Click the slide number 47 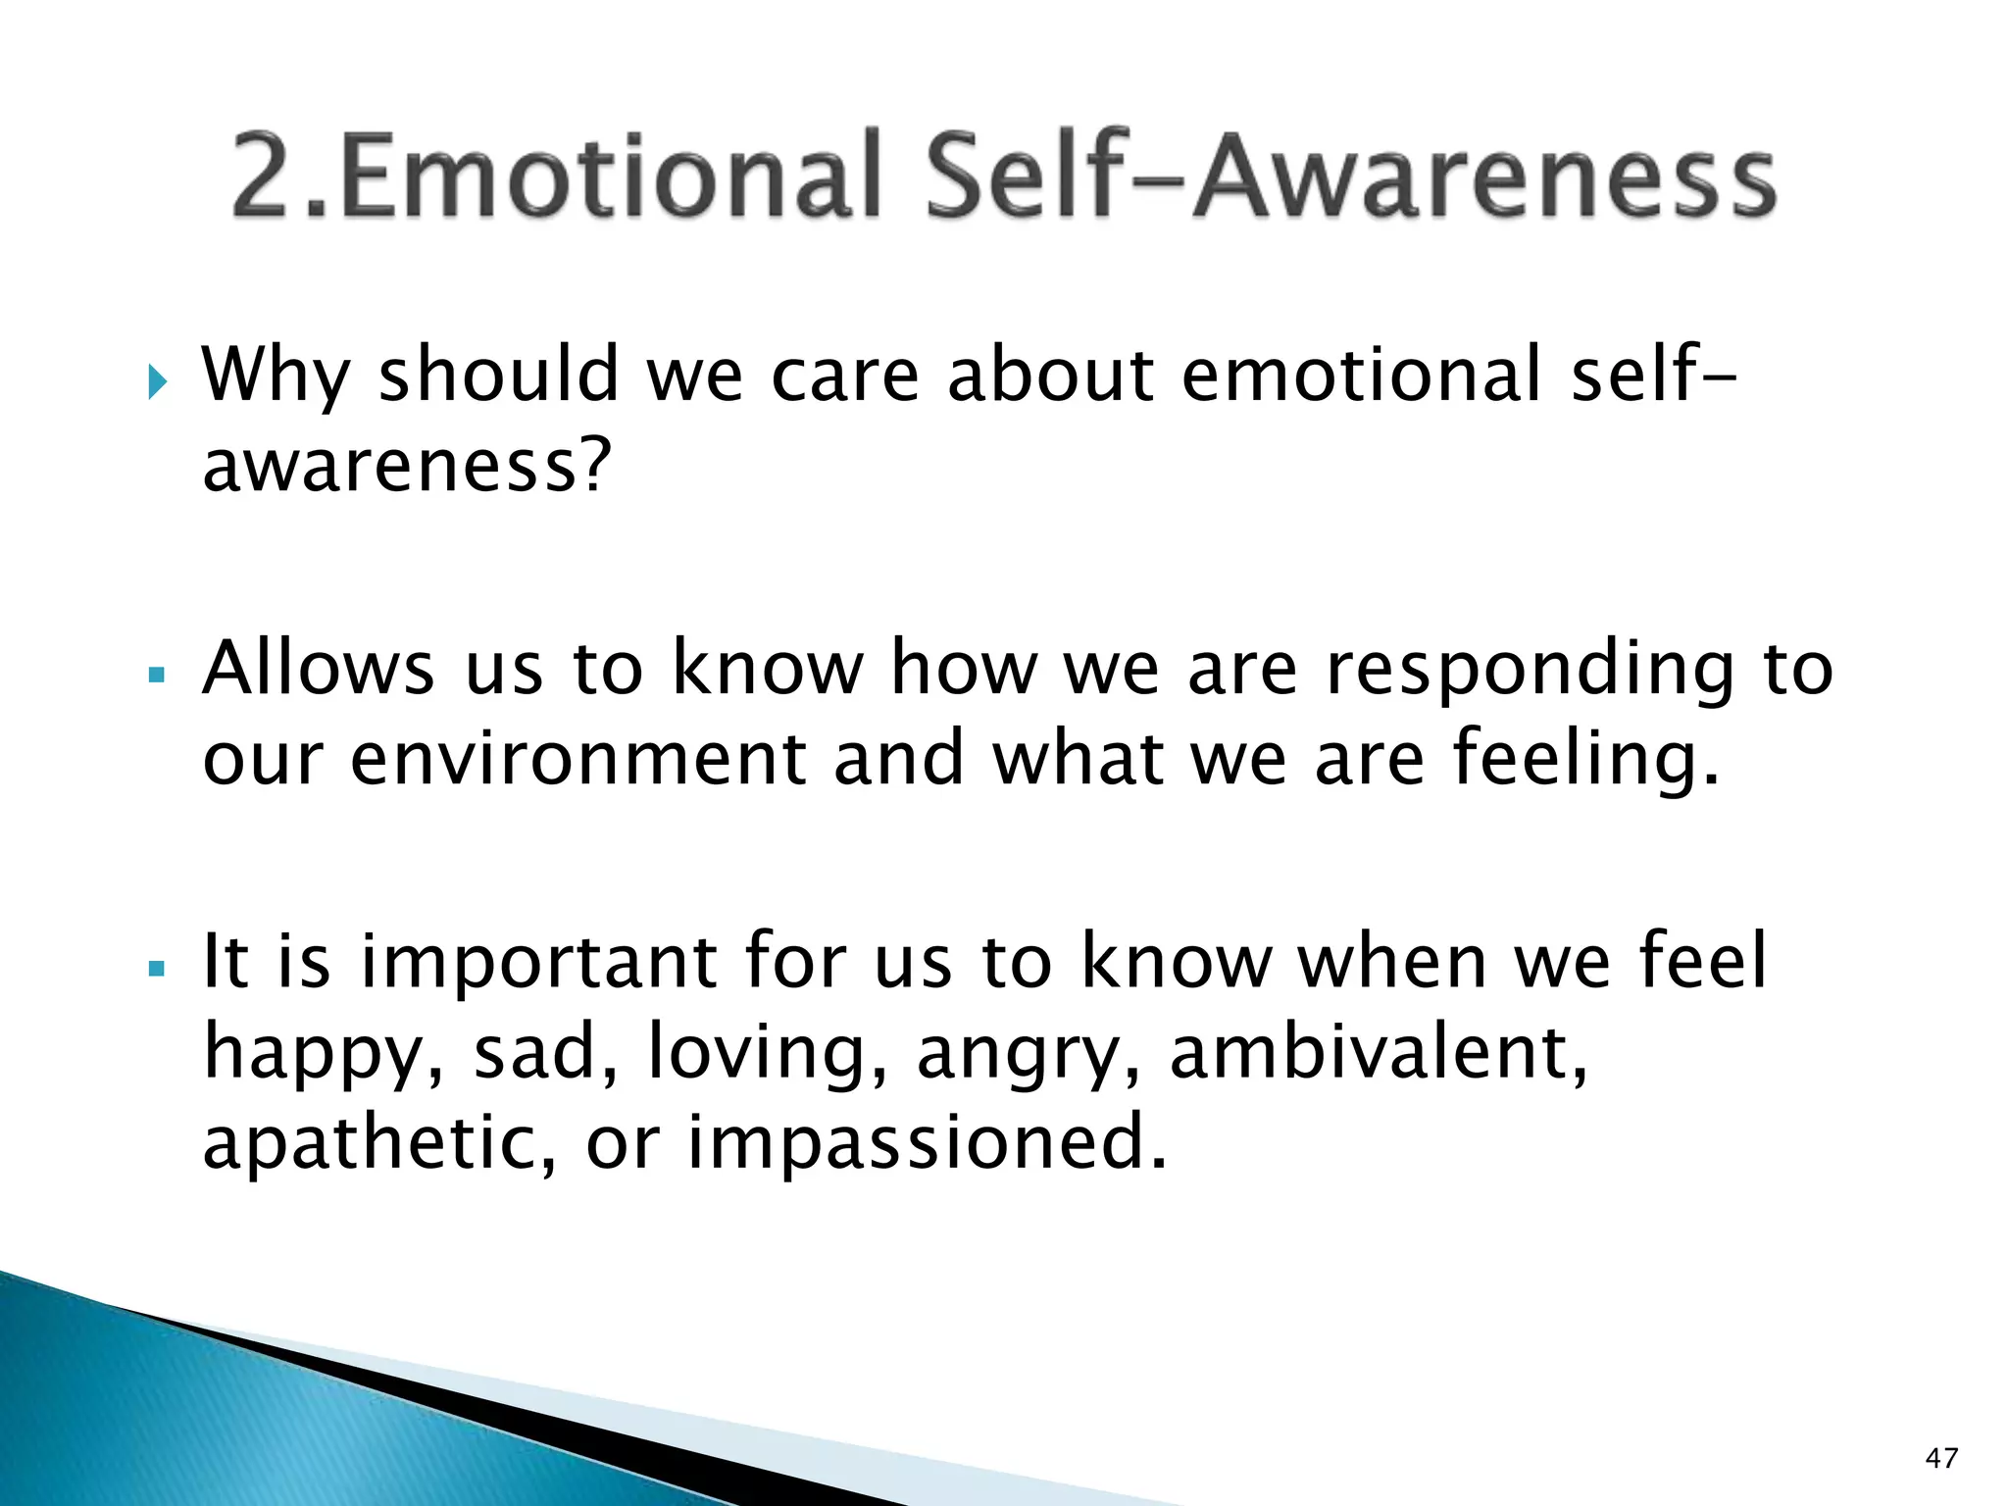pyautogui.click(x=1941, y=1458)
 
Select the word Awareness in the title pyautogui.click(x=1485, y=176)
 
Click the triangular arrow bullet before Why pyautogui.click(x=158, y=382)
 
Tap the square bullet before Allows pyautogui.click(x=156, y=676)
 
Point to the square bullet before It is pyautogui.click(x=156, y=969)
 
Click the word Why pyautogui.click(x=276, y=377)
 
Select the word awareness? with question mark pyautogui.click(x=407, y=466)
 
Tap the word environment pyautogui.click(x=577, y=760)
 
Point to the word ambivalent pyautogui.click(x=1378, y=1054)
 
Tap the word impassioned pyautogui.click(x=927, y=1144)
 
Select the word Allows pyautogui.click(x=318, y=670)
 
